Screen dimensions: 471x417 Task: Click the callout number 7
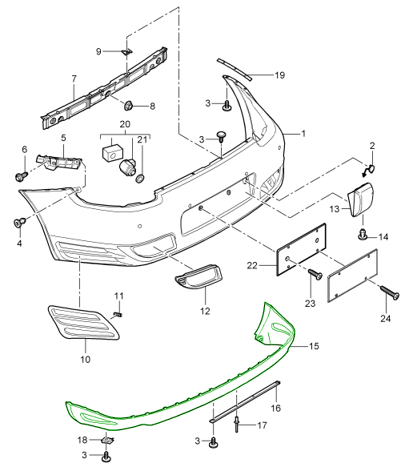[x=73, y=78]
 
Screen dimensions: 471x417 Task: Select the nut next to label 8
[x=127, y=104]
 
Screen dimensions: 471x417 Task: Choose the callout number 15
[x=313, y=347]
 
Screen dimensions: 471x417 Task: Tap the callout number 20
[x=124, y=125]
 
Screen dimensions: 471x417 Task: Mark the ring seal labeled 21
[x=139, y=177]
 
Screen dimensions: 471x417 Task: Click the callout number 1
[x=304, y=134]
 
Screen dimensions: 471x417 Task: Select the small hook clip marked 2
[x=370, y=169]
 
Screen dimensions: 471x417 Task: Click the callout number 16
[x=277, y=408]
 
